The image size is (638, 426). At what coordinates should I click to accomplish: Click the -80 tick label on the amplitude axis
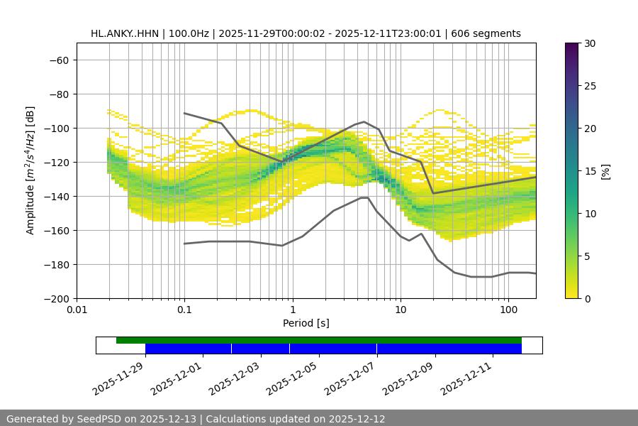[57, 94]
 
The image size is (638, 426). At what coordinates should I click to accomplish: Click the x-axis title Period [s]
[306, 323]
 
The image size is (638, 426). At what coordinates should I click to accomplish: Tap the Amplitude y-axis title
[30, 170]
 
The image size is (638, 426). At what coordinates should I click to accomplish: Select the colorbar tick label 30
[589, 43]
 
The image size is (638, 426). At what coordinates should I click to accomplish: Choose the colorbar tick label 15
[589, 171]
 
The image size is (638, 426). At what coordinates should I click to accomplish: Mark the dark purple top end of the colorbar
[572, 45]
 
